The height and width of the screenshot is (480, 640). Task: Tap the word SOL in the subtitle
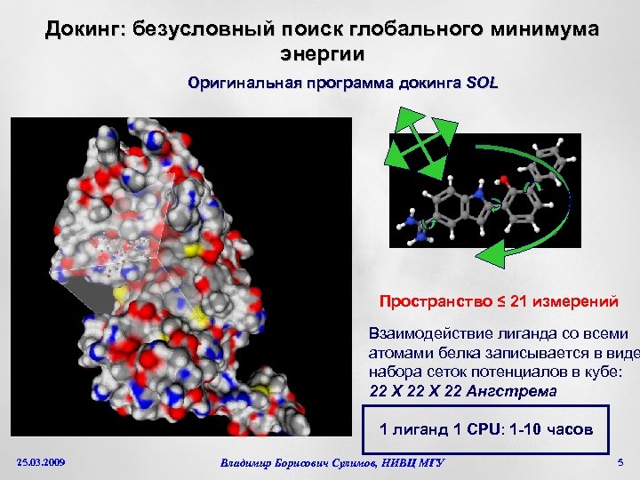click(483, 84)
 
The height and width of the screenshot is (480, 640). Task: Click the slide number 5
click(620, 463)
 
